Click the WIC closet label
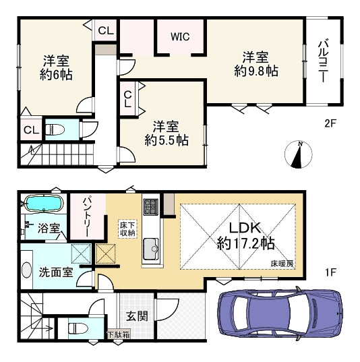click(x=180, y=36)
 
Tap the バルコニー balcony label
click(x=323, y=61)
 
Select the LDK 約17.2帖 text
click(x=245, y=235)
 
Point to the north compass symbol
click(x=298, y=154)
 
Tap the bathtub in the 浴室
click(x=44, y=204)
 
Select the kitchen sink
click(x=151, y=249)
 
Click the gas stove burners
click(x=151, y=206)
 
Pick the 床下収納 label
click(x=127, y=229)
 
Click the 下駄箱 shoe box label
click(x=119, y=334)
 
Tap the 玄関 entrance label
click(x=137, y=316)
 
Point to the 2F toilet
click(x=55, y=129)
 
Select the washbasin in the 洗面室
click(x=26, y=270)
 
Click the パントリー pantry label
click(x=88, y=216)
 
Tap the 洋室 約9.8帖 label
click(x=256, y=64)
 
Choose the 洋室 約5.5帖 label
click(x=167, y=133)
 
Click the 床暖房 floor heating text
click(x=282, y=264)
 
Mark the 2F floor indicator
click(x=330, y=124)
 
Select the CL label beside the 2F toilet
click(x=31, y=130)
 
